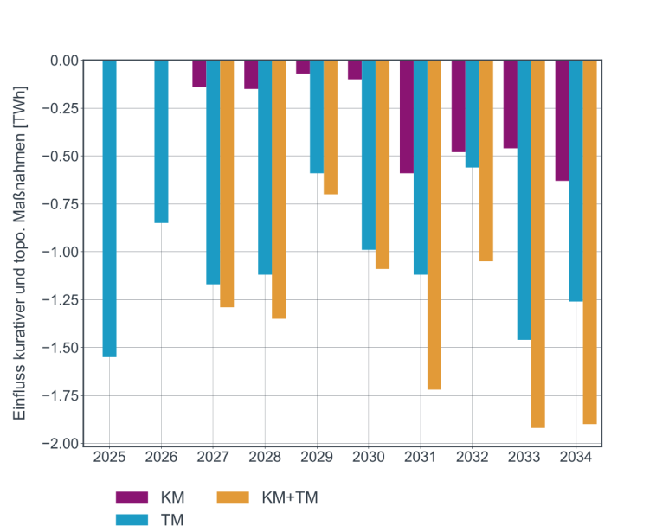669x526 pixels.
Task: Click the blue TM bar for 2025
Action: pyautogui.click(x=109, y=208)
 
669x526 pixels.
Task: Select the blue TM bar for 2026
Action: pyautogui.click(x=161, y=142)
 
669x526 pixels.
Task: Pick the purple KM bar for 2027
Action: pyautogui.click(x=199, y=74)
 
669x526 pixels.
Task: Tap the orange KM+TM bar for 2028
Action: pyautogui.click(x=279, y=189)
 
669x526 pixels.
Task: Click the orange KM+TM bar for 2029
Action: pyautogui.click(x=331, y=127)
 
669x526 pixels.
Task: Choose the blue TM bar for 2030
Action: pyautogui.click(x=369, y=155)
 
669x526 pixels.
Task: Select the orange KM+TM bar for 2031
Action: pyautogui.click(x=434, y=225)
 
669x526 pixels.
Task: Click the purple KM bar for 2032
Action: pyautogui.click(x=459, y=106)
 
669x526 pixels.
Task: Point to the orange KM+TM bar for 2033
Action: pyautogui.click(x=537, y=244)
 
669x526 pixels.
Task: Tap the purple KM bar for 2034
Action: pyautogui.click(x=563, y=120)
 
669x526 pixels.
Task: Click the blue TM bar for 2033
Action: pyautogui.click(x=524, y=200)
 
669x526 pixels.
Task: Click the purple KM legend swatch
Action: pyautogui.click(x=132, y=497)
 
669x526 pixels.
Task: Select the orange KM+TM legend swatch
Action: pyautogui.click(x=233, y=497)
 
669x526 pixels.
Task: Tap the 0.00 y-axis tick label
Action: pyautogui.click(x=63, y=61)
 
